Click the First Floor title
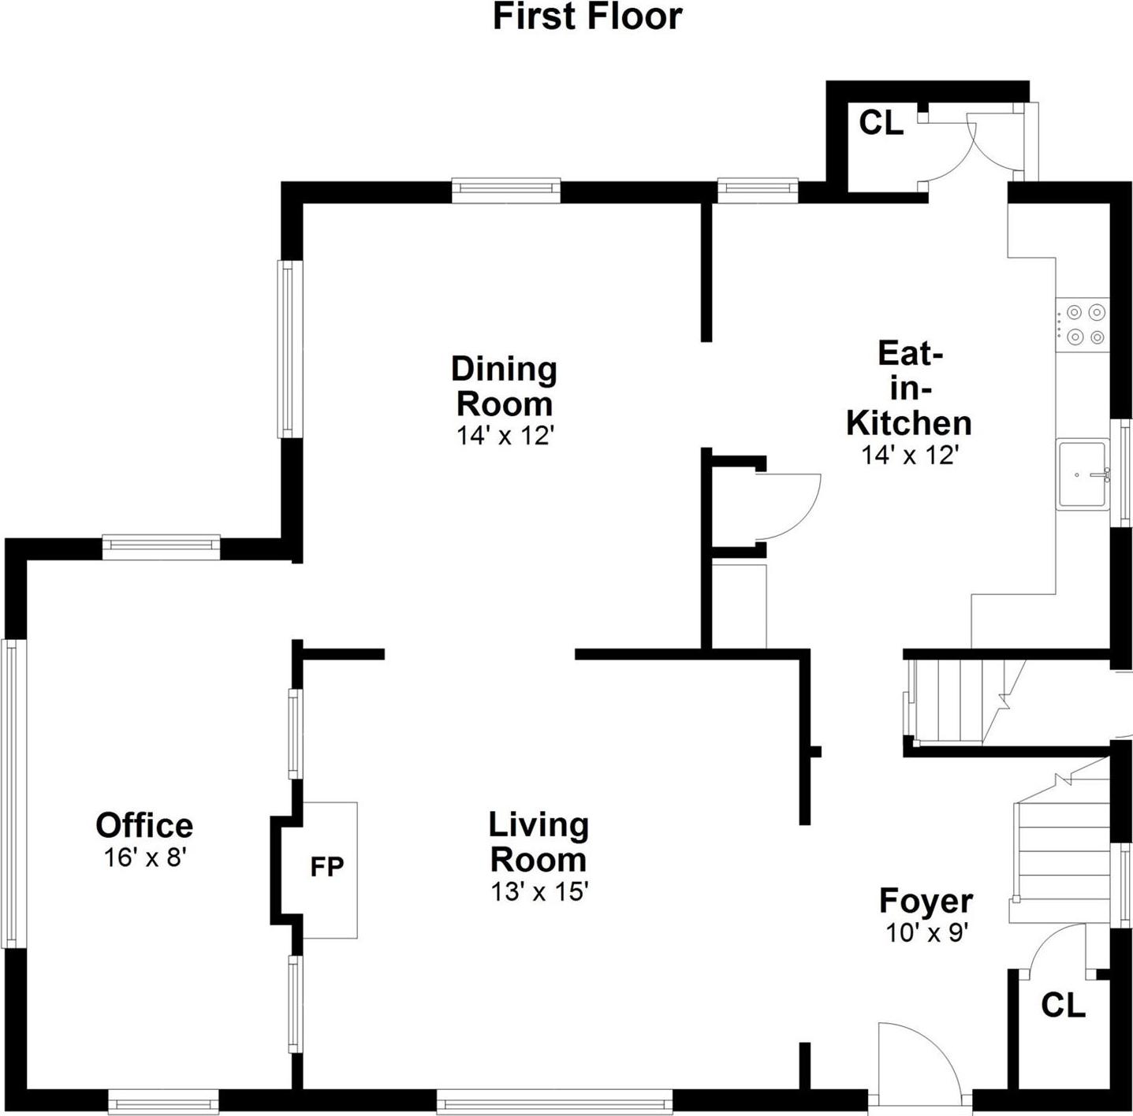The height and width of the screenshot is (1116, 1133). point(587,17)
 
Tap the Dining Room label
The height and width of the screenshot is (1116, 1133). point(505,386)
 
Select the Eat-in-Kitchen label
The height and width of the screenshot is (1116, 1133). point(909,388)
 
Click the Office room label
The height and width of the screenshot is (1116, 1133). point(144,826)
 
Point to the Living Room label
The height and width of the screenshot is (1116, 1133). point(539,842)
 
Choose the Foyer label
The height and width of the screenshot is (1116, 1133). point(926,901)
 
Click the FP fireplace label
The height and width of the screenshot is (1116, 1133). point(326,867)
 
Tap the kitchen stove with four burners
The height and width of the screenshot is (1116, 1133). point(1085,325)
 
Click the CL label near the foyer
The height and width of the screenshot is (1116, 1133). point(1063,1006)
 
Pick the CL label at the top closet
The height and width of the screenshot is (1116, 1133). point(881,123)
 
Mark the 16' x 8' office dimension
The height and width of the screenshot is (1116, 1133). point(144,857)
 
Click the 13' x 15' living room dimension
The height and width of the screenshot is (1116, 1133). point(539,892)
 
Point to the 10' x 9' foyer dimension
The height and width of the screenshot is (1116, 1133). point(926,933)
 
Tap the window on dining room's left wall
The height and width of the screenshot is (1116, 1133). point(289,349)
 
